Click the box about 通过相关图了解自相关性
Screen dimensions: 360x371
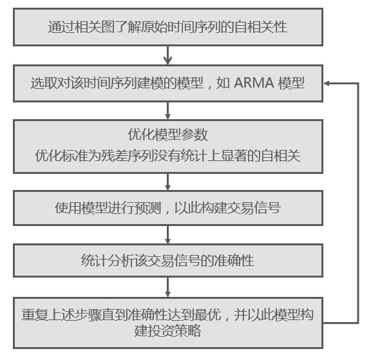pyautogui.click(x=167, y=27)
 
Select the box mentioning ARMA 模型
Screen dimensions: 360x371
pyautogui.click(x=167, y=84)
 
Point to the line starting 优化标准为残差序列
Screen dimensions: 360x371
pyautogui.click(x=167, y=155)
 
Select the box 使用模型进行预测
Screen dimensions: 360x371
pyautogui.click(x=167, y=208)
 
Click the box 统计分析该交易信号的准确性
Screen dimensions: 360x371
pyautogui.click(x=167, y=261)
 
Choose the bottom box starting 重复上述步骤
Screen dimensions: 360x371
pyautogui.click(x=167, y=322)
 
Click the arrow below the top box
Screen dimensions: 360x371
pyautogui.click(x=167, y=57)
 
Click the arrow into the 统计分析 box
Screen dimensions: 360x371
pyautogui.click(x=167, y=236)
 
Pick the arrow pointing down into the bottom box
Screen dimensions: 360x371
pyautogui.click(x=167, y=288)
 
